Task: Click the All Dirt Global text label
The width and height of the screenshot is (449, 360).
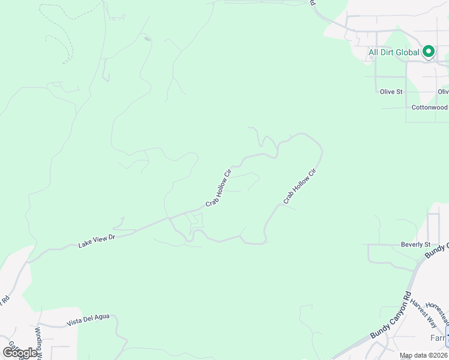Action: click(x=393, y=53)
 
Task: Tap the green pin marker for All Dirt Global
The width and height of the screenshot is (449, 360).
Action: click(x=429, y=52)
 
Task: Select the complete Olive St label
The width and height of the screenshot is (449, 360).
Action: click(x=391, y=92)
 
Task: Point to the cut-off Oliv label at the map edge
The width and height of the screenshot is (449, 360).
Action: click(x=443, y=92)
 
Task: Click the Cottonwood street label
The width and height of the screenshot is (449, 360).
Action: click(x=429, y=108)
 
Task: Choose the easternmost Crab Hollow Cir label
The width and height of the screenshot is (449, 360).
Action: click(x=300, y=186)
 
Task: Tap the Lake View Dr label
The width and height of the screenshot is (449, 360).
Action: click(x=96, y=241)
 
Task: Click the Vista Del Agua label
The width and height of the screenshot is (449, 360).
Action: click(x=88, y=319)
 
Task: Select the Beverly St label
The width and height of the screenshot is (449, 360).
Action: click(x=416, y=245)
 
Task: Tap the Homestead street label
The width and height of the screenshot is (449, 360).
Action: click(x=437, y=311)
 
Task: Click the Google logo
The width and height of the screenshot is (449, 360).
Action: click(x=20, y=353)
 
